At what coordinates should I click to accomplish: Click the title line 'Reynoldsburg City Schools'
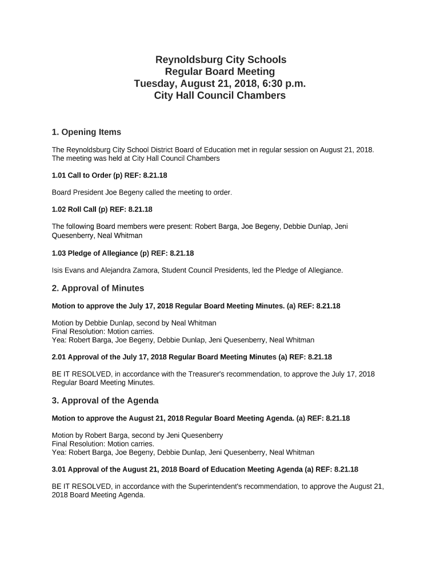[x=220, y=60]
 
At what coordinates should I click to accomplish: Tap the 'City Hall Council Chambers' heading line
[x=220, y=96]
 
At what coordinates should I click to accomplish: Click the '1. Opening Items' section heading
[x=86, y=132]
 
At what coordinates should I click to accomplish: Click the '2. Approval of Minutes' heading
[x=98, y=288]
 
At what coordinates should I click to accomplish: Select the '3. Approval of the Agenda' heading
[x=105, y=400]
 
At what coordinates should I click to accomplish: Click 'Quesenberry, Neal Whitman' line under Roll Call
[x=97, y=235]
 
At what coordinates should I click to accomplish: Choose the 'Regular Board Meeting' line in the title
[x=220, y=72]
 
